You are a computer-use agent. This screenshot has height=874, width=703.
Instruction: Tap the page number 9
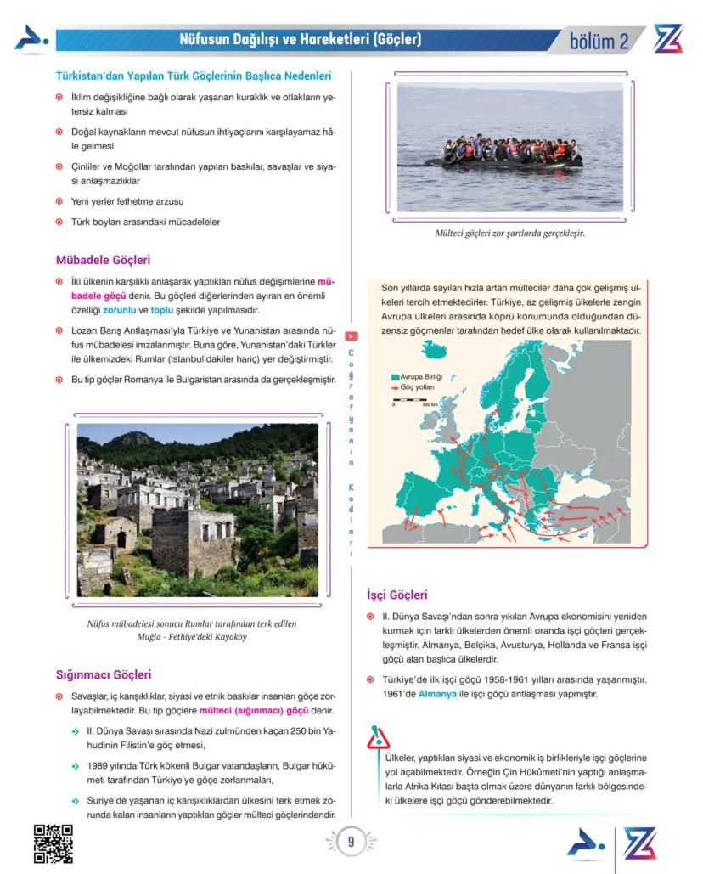tap(351, 842)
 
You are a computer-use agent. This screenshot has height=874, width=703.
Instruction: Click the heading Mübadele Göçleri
tap(103, 260)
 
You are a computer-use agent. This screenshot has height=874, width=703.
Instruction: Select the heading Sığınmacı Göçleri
tap(103, 674)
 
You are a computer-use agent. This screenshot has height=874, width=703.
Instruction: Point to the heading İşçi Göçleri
tap(396, 595)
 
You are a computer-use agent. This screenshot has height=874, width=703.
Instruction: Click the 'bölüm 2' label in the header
tap(599, 41)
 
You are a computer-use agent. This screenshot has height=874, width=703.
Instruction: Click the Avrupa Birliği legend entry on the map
tap(416, 375)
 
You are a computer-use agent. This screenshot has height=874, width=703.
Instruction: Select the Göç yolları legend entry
tap(414, 386)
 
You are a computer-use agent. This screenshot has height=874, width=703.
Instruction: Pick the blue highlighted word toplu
tap(161, 311)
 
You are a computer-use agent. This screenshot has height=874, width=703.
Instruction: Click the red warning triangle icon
tap(378, 738)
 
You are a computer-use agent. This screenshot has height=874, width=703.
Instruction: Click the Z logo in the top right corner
tap(668, 39)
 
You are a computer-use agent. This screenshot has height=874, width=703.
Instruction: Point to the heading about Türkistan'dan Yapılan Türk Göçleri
tap(193, 76)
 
